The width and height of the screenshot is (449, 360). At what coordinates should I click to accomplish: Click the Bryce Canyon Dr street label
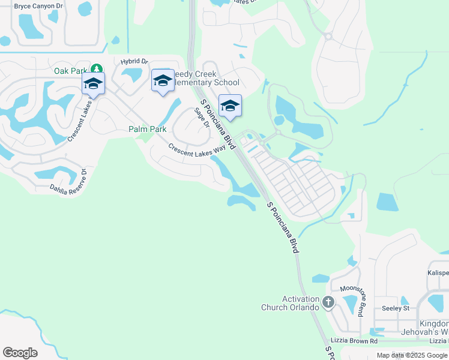pyautogui.click(x=38, y=5)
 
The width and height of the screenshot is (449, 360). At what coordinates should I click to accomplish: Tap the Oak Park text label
pyautogui.click(x=71, y=71)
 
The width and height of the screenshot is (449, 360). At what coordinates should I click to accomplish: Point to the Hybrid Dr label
pyautogui.click(x=134, y=61)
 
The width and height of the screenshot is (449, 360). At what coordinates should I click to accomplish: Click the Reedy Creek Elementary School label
pyautogui.click(x=206, y=78)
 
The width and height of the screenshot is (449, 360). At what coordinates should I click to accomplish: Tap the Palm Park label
pyautogui.click(x=148, y=129)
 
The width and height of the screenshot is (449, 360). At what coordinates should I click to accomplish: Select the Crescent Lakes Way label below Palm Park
pyautogui.click(x=200, y=149)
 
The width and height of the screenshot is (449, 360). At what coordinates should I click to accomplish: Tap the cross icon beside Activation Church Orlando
pyautogui.click(x=328, y=302)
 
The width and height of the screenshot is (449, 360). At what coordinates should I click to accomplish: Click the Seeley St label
pyautogui.click(x=395, y=308)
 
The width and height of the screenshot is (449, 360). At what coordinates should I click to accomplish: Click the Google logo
pyautogui.click(x=20, y=353)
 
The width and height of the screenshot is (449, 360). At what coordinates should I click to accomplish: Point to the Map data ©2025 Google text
pyautogui.click(x=411, y=355)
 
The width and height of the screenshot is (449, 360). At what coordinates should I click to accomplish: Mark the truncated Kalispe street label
pyautogui.click(x=438, y=272)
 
